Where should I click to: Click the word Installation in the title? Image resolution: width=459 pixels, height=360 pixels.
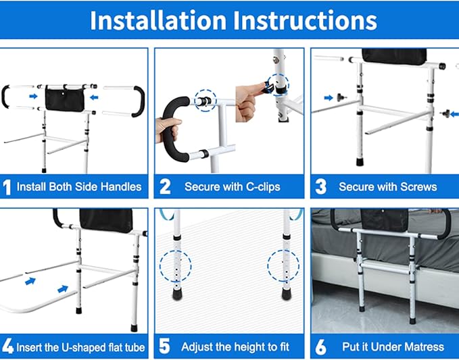click(158, 20)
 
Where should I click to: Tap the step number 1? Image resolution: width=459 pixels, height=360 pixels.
click(7, 186)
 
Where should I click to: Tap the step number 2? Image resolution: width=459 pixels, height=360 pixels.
click(164, 186)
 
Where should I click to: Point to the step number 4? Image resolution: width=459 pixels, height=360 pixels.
click(7, 346)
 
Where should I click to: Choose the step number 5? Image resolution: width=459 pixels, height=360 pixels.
click(164, 346)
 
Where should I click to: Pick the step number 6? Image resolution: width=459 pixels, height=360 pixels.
click(320, 346)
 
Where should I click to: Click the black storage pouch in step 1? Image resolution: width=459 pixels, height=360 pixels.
click(65, 98)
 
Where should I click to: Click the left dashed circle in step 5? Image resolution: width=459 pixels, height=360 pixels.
click(175, 267)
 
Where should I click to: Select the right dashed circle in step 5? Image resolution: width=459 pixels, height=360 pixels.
click(283, 264)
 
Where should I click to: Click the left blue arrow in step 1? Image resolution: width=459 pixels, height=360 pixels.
click(33, 97)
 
